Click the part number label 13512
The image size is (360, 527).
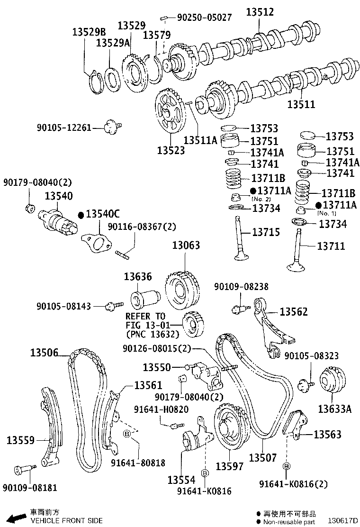click(260, 12)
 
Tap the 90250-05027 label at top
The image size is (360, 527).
click(204, 18)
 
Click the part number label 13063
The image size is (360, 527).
click(186, 245)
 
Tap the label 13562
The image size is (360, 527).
click(294, 311)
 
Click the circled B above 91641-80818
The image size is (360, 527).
click(127, 434)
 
